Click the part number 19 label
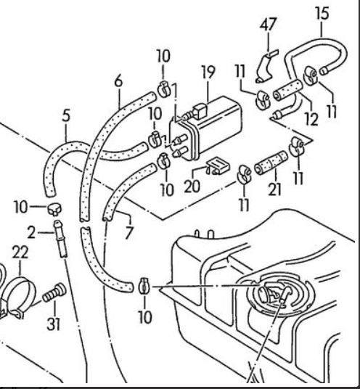[208, 73]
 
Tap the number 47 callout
[269, 24]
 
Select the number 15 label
[322, 13]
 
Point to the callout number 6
[118, 81]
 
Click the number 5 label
[66, 115]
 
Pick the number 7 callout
[128, 232]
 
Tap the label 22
[20, 253]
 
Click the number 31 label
[54, 324]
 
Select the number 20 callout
[192, 186]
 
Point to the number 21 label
[274, 189]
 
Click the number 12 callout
[311, 119]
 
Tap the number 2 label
[31, 233]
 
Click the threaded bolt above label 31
[54, 292]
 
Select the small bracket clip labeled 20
[217, 165]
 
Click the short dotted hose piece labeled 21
[271, 163]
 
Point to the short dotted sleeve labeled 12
[288, 90]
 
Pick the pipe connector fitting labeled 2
[60, 239]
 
